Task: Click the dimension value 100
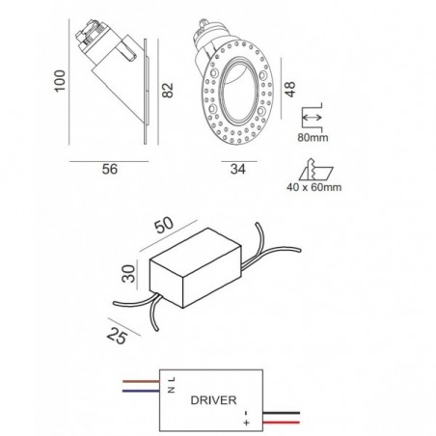[60, 81]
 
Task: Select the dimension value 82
[168, 90]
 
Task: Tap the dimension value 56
[110, 169]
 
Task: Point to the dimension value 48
[289, 89]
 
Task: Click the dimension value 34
[238, 169]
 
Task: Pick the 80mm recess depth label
[313, 138]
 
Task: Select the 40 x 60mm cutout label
[314, 187]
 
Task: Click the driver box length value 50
[164, 226]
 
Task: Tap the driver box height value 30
[129, 273]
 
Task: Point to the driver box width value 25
[117, 337]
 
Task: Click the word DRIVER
[213, 400]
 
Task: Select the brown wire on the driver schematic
[141, 382]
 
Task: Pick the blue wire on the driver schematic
[141, 391]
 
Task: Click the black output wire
[282, 413]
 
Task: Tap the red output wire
[282, 422]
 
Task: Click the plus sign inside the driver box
[247, 422]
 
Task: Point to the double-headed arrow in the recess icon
[312, 118]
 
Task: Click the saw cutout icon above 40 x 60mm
[315, 170]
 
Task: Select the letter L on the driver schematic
[172, 379]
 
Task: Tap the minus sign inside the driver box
[246, 413]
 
